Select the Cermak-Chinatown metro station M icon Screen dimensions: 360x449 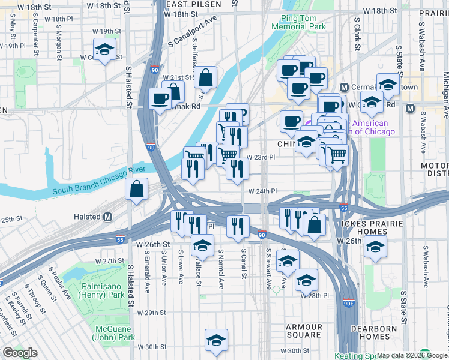[344, 87]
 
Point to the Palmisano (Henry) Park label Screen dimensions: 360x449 [100, 291]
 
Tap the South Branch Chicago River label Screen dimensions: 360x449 [93, 182]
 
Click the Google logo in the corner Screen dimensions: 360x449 [20, 353]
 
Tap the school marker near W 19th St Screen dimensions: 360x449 [106, 50]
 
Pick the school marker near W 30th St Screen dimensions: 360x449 [216, 340]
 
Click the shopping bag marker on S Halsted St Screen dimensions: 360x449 [137, 189]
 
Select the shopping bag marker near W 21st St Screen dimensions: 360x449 [205, 77]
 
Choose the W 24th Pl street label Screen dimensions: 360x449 [262, 191]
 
